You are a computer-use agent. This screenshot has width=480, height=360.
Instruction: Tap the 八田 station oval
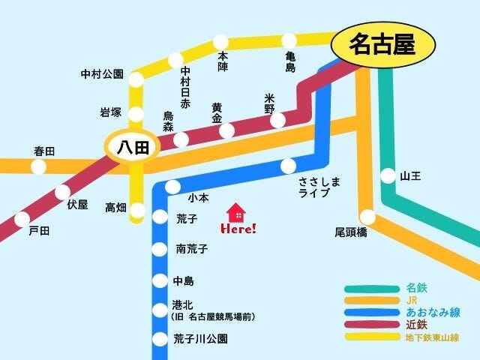[131, 147]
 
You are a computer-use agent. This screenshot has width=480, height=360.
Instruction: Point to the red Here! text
[238, 228]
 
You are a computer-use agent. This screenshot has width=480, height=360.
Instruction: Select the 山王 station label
[411, 176]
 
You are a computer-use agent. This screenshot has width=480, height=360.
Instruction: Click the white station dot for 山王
[388, 176]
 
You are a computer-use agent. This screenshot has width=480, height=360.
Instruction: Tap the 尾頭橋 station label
[350, 232]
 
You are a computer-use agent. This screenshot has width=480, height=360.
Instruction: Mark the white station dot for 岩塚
[136, 113]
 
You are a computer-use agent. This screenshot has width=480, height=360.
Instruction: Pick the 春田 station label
[44, 151]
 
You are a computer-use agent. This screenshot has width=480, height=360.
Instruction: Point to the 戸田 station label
[38, 231]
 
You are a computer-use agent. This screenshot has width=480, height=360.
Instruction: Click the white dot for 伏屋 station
[62, 193]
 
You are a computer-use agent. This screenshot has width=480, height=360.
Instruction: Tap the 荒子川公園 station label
[200, 338]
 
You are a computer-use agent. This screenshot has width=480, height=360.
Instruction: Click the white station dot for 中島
[159, 281]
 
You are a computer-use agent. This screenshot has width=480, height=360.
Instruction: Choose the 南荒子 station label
[192, 248]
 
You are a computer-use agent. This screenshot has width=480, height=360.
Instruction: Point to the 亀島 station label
[290, 62]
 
